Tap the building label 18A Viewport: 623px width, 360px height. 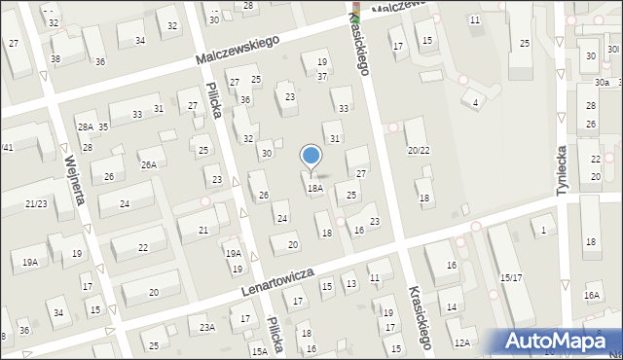pos(314,189)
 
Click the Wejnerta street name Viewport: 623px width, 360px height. pos(71,176)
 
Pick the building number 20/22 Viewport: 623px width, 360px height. pos(419,150)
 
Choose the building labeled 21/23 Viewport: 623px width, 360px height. pos(36,202)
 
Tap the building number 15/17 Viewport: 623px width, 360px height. pos(511,278)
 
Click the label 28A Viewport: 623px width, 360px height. pos(86,127)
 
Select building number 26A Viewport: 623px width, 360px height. pos(147,164)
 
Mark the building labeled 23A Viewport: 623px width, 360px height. pos(207,328)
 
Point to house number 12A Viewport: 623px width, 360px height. pos(461,342)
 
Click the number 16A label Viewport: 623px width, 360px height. pos(592,296)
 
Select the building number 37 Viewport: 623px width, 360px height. pos(322,77)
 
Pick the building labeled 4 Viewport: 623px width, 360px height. pos(475,102)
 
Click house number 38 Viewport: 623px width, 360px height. pos(55,59)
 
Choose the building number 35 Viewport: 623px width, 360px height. pos(102,127)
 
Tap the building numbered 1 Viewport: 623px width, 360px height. pos(543,230)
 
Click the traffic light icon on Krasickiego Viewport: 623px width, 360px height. pos(355,13)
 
